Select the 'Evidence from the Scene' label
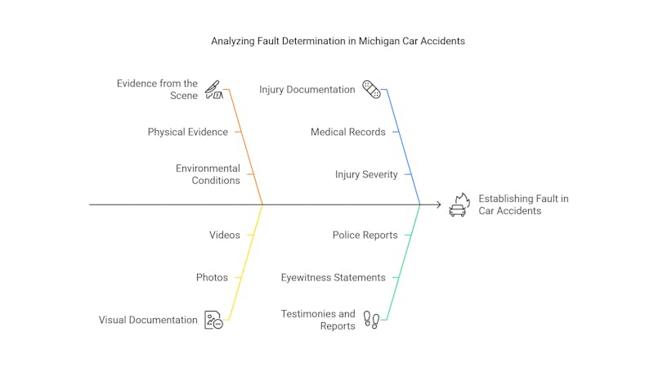pyautogui.click(x=157, y=89)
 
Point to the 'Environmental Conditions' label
pyautogui.click(x=208, y=174)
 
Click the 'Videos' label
pyautogui.click(x=225, y=235)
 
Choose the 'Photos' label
pyautogui.click(x=212, y=277)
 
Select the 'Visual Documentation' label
pyautogui.click(x=148, y=320)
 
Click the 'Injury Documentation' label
pyautogui.click(x=307, y=89)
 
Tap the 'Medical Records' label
pyautogui.click(x=347, y=132)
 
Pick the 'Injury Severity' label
pyautogui.click(x=366, y=174)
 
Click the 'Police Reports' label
pyautogui.click(x=365, y=235)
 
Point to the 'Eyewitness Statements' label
pyautogui.click(x=333, y=277)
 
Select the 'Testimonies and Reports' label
pyautogui.click(x=318, y=320)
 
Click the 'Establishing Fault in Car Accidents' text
pyautogui.click(x=523, y=204)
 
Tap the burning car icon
pyautogui.click(x=459, y=204)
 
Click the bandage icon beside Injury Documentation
pyautogui.click(x=371, y=89)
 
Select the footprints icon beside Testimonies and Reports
pyautogui.click(x=371, y=320)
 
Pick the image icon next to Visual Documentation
pyautogui.click(x=213, y=320)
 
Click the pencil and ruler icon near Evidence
pyautogui.click(x=213, y=89)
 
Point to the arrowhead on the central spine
pyautogui.click(x=439, y=204)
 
